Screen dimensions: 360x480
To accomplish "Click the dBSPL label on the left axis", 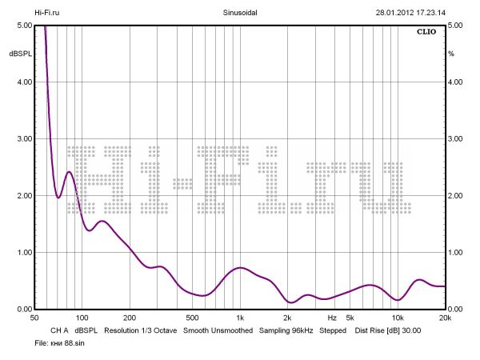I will [19, 54].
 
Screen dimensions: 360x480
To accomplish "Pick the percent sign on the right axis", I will [451, 54].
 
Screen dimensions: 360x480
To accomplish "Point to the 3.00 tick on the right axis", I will [456, 139].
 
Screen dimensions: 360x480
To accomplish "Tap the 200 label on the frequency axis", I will [130, 318].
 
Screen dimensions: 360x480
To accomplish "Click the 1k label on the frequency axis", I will [240, 318].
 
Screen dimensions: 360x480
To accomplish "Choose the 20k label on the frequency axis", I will [445, 318].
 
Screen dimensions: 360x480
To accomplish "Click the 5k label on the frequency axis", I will [350, 318].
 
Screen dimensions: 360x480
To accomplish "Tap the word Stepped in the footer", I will [334, 330].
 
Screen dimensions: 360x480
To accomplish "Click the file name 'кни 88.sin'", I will [61, 342].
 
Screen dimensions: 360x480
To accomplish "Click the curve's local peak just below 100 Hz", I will [69, 172].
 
